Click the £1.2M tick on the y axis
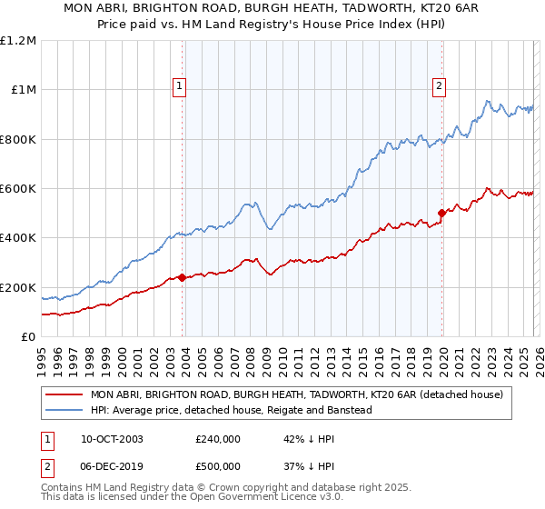(17, 40)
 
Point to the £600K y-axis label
(17, 188)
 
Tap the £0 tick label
(27, 336)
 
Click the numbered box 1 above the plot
(179, 86)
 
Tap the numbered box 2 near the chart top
(439, 86)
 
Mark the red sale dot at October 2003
(182, 277)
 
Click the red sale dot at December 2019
(441, 214)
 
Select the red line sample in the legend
(64, 394)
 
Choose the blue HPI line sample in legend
(64, 410)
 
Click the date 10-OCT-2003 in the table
(112, 439)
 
